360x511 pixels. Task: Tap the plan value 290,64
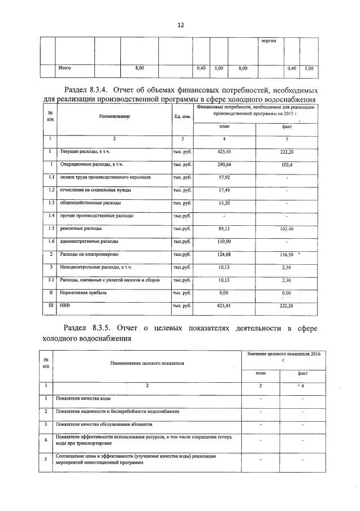coord(224,165)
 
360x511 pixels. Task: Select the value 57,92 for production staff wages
coord(224,177)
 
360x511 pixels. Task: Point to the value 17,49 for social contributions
coord(224,190)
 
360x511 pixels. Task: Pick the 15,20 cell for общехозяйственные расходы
coord(224,203)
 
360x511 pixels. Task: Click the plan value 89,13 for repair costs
coord(224,229)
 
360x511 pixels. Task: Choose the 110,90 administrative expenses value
coord(224,242)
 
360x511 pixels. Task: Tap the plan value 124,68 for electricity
coord(224,255)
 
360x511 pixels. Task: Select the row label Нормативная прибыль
coord(83,293)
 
